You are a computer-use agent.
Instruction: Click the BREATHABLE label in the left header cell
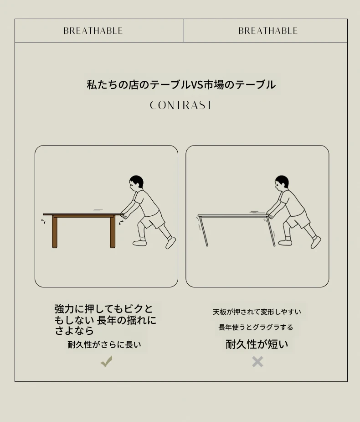click(x=93, y=31)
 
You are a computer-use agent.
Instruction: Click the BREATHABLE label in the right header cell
click(x=268, y=31)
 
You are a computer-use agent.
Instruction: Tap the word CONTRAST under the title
click(x=181, y=105)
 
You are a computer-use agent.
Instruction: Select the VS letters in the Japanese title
click(x=196, y=85)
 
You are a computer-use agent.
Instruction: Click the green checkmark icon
click(x=107, y=361)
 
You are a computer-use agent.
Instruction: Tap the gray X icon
click(x=257, y=362)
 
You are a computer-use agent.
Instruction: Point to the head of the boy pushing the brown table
click(x=136, y=183)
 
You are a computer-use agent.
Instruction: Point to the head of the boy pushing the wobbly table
click(x=282, y=183)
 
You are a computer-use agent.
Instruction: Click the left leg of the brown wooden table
click(x=55, y=232)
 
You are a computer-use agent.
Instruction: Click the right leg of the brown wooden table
click(x=113, y=232)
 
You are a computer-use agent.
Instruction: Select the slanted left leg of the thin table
click(x=203, y=231)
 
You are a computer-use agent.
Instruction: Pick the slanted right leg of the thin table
click(x=271, y=231)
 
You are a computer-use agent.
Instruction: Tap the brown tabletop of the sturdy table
click(x=82, y=214)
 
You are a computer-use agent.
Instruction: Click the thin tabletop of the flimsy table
click(x=233, y=216)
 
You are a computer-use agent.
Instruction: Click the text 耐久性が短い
click(x=257, y=344)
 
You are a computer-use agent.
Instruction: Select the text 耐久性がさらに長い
click(x=104, y=344)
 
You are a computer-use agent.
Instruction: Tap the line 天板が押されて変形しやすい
click(x=257, y=312)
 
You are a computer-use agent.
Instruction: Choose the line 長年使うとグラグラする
click(x=256, y=328)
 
